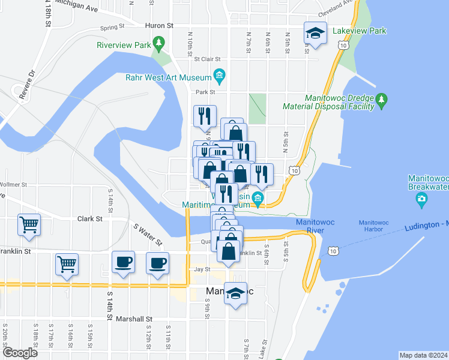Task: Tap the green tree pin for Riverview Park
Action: tap(158, 43)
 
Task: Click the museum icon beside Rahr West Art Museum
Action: tap(219, 76)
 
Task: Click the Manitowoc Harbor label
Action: tap(375, 226)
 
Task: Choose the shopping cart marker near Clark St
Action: tap(29, 226)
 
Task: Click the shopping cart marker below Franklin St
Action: tap(67, 264)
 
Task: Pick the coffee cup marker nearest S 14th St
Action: tap(124, 263)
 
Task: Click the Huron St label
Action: tap(159, 26)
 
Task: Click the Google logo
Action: tap(20, 353)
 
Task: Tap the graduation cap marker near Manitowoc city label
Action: tap(236, 294)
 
